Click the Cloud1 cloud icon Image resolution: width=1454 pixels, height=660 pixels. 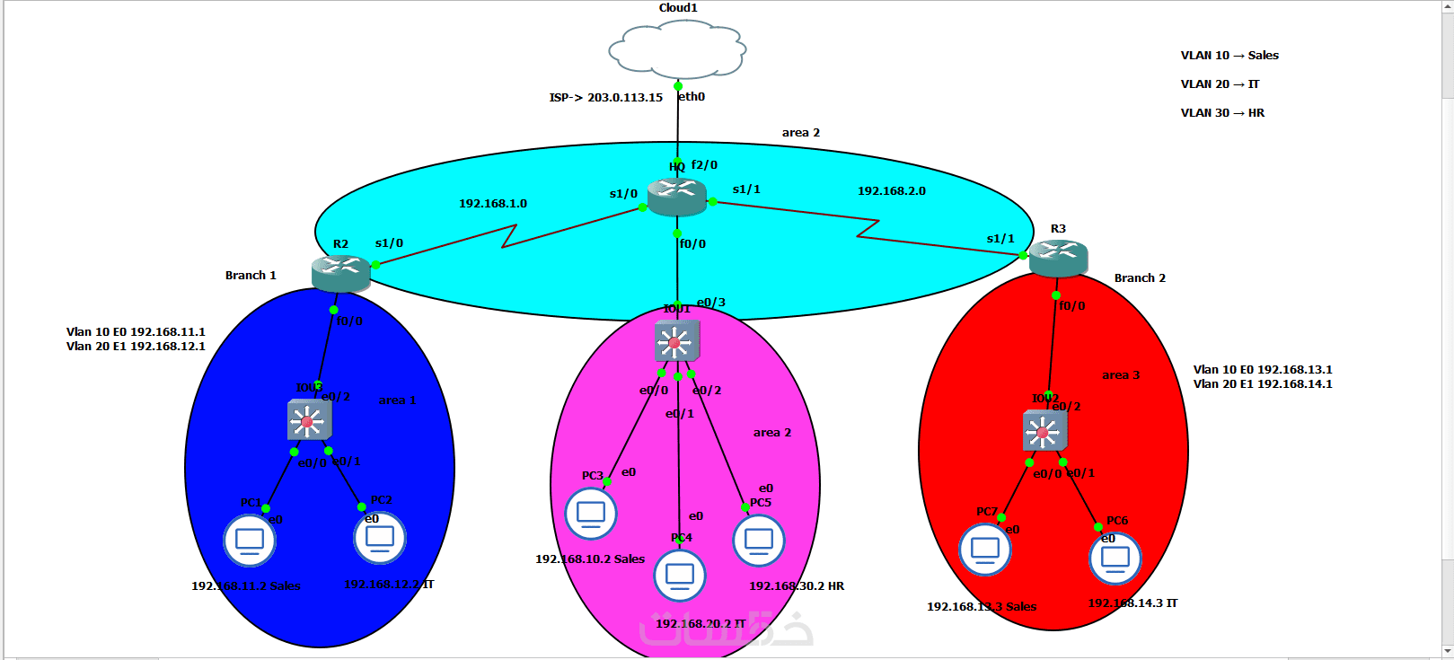point(677,50)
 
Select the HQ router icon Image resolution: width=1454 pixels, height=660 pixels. point(677,197)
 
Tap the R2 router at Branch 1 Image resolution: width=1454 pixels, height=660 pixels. point(341,273)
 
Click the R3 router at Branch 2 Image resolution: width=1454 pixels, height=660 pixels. point(1058,258)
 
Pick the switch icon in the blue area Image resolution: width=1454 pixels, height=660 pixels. point(309,420)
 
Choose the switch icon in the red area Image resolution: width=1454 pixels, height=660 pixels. point(1044,431)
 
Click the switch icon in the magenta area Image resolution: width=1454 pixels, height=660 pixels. point(676,340)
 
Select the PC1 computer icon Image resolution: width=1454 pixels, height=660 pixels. point(250,540)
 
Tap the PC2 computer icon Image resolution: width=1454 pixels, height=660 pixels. point(380,537)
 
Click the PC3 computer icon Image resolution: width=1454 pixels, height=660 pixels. point(591,513)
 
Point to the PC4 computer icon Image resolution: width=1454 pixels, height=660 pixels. point(680,575)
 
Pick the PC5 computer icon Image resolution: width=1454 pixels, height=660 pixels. point(759,540)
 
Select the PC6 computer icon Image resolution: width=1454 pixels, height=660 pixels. point(1115,558)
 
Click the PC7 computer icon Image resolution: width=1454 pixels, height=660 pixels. point(985,548)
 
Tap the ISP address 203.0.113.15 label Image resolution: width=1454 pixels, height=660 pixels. point(606,97)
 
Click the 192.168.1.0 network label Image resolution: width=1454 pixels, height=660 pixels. point(493,204)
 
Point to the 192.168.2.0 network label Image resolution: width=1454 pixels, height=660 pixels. point(891,191)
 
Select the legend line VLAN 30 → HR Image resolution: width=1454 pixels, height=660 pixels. point(1222,113)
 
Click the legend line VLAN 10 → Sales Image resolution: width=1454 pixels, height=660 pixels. point(1229,56)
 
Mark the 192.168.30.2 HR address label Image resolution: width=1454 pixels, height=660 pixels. point(797,586)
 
